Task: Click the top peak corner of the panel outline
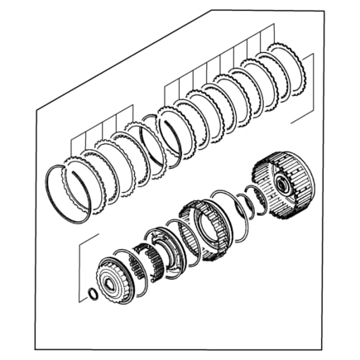click(212, 11)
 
